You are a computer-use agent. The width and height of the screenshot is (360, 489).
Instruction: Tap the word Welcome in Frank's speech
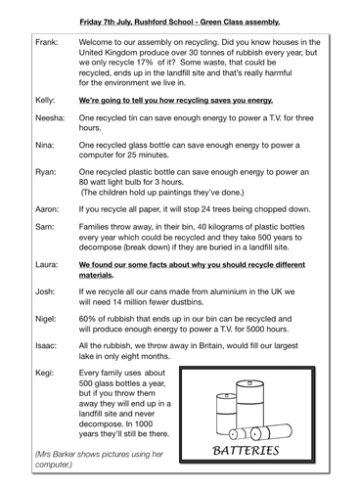click(x=106, y=45)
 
